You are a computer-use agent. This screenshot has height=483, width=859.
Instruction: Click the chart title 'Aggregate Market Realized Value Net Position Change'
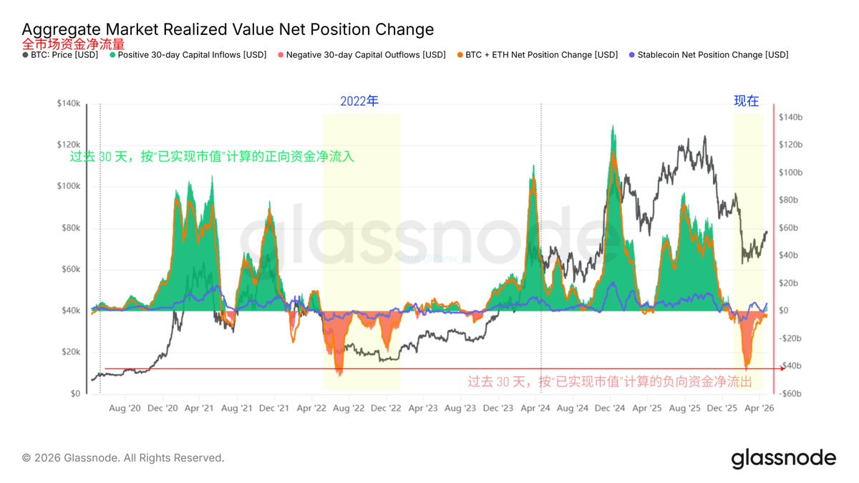coord(228,29)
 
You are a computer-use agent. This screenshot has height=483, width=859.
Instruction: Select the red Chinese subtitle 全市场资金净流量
coord(74,44)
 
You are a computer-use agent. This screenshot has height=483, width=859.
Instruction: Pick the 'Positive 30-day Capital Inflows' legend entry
coord(188,54)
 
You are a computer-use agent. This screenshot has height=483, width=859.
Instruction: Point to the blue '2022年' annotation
coord(359,101)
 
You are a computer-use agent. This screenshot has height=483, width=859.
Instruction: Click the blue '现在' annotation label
coord(746,101)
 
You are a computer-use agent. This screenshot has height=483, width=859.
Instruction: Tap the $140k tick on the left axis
coord(69,104)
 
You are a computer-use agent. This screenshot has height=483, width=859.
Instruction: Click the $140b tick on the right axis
coord(795,117)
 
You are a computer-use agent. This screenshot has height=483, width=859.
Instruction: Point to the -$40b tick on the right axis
coord(792,366)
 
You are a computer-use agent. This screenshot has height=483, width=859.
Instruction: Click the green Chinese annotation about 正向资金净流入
coord(212,156)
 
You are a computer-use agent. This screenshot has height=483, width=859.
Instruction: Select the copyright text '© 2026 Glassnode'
coord(123,458)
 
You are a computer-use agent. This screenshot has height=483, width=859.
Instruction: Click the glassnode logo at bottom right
coord(783,458)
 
